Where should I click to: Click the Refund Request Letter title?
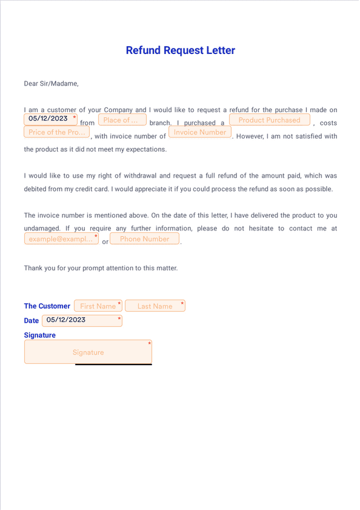[180, 50]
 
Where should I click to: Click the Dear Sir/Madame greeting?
[51, 84]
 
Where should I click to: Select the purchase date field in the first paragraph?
[50, 119]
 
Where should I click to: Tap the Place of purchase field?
[122, 120]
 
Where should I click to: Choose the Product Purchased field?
[269, 120]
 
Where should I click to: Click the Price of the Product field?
[56, 132]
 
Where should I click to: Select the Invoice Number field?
[199, 132]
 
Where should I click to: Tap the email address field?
[61, 239]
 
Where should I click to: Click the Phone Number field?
[144, 239]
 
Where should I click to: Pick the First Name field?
[98, 306]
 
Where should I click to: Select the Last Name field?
[155, 306]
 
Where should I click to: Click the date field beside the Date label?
[82, 320]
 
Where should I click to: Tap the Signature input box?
[88, 352]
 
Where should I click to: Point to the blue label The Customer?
[47, 306]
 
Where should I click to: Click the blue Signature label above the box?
[39, 335]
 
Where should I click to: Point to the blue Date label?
[32, 321]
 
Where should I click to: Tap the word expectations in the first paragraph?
[146, 149]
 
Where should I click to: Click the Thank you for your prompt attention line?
[101, 268]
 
